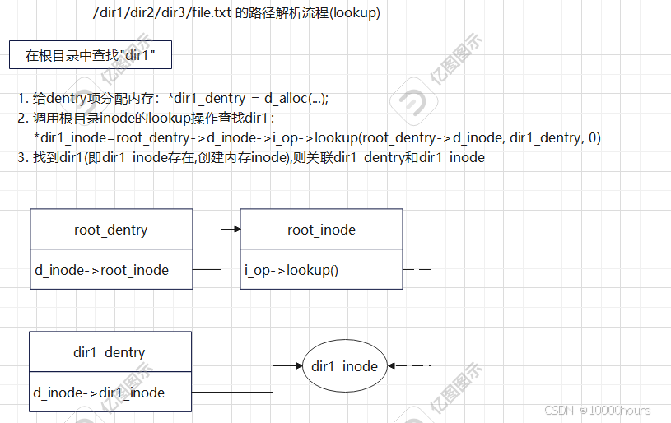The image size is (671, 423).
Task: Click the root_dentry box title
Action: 110,230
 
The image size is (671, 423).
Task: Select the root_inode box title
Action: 321,230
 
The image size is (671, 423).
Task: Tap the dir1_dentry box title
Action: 110,352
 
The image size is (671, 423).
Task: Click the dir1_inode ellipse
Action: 345,366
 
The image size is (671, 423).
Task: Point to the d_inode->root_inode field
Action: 101,270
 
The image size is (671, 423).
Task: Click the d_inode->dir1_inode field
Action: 99,393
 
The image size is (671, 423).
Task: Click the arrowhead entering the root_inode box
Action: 235,230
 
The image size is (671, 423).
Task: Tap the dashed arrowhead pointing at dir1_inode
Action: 392,366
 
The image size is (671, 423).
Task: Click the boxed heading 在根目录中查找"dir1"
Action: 91,56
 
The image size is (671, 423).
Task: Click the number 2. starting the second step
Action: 22,118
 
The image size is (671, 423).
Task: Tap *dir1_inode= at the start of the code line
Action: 74,137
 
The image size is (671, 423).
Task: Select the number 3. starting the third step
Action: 22,157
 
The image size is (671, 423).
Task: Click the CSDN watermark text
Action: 557,410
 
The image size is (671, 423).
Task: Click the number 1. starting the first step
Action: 22,98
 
